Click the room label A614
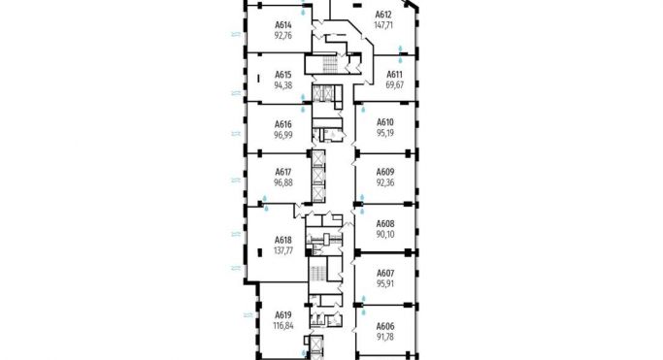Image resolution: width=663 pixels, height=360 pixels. click(x=283, y=24)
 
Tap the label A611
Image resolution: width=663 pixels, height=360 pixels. click(x=395, y=75)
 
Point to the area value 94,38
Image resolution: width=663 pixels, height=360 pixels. click(x=283, y=83)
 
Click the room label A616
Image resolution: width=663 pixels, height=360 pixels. click(x=283, y=124)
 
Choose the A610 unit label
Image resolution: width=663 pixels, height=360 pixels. click(x=385, y=122)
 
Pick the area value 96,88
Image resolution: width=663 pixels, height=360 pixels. click(x=283, y=181)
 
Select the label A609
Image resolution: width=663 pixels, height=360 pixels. click(x=385, y=172)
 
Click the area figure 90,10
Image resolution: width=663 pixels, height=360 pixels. click(x=385, y=232)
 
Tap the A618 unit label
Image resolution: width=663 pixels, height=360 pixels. click(x=283, y=240)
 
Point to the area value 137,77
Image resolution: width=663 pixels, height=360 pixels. click(x=283, y=249)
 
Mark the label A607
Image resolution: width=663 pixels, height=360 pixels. click(x=385, y=273)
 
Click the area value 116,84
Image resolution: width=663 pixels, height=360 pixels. click(x=283, y=325)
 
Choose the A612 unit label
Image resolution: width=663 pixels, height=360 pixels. click(x=383, y=14)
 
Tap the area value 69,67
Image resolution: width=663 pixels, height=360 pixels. click(x=395, y=84)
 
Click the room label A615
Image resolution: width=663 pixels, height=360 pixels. click(x=283, y=74)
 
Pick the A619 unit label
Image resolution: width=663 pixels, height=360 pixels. click(x=283, y=315)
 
